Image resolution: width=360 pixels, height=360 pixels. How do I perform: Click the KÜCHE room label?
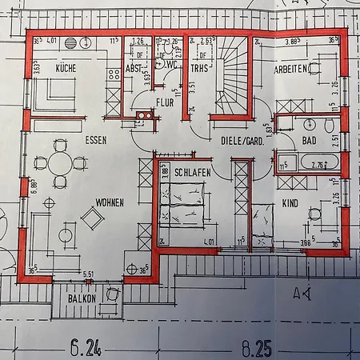[66, 70]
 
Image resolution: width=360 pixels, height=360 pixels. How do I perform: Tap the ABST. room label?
[134, 70]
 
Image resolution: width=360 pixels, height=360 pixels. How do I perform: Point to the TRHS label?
[199, 70]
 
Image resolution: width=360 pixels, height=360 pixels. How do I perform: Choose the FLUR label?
[166, 102]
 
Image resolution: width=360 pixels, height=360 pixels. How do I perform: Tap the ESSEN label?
[97, 139]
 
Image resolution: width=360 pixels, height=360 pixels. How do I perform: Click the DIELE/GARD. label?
[242, 140]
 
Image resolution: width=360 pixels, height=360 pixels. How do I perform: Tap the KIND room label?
[290, 203]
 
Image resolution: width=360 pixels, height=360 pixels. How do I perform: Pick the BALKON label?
[82, 298]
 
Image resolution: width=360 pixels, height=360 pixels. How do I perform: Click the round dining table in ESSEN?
[60, 162]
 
